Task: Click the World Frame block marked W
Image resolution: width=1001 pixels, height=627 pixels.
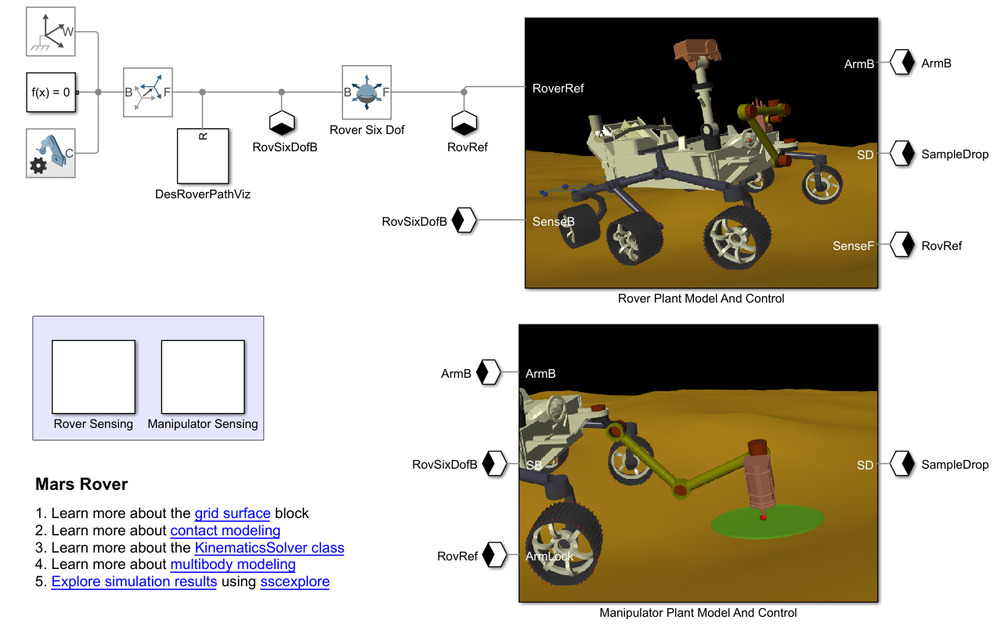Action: coord(50,31)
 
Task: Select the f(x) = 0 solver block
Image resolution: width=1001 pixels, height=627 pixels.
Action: coord(51,92)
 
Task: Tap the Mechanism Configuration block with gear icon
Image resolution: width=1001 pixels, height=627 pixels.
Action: coord(50,154)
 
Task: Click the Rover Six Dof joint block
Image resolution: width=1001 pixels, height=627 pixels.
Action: coord(367,92)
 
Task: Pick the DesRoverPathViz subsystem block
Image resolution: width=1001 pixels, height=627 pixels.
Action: coord(203,156)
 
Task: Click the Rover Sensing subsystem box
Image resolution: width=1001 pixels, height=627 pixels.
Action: coord(93,377)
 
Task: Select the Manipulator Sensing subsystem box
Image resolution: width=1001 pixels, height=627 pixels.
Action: coord(203,377)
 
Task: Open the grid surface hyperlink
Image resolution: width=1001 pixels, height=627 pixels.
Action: coord(233,513)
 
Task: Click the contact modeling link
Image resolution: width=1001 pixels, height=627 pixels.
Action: coord(226,531)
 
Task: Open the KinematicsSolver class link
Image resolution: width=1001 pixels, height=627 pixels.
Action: coord(269,547)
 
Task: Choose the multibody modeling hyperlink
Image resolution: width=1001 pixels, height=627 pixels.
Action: coord(233,564)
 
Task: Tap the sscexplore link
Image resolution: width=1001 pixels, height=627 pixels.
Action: coord(295,582)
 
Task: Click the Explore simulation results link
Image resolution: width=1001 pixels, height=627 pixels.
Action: coord(134,582)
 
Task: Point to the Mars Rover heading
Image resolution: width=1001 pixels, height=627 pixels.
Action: coord(81,484)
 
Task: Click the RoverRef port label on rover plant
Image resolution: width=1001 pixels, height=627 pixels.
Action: coord(558,89)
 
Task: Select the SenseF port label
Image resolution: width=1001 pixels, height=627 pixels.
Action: coord(853,245)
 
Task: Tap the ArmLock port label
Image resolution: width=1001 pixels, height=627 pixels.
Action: coord(549,556)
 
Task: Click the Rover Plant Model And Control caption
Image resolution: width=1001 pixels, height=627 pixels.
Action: coord(701,299)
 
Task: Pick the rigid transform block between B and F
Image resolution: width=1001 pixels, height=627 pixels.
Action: coord(148,92)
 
